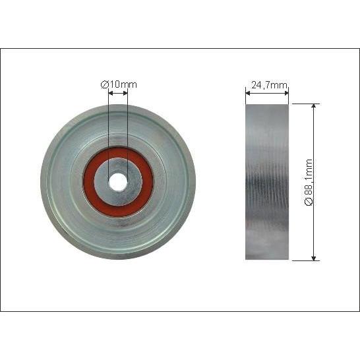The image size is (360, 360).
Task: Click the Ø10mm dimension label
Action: (x=119, y=84)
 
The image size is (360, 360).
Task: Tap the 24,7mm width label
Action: (x=269, y=85)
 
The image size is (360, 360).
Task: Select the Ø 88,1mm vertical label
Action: (x=309, y=182)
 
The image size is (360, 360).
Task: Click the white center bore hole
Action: (x=118, y=182)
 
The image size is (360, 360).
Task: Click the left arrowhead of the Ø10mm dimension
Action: (x=111, y=93)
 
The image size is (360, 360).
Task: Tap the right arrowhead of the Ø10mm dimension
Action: (x=125, y=93)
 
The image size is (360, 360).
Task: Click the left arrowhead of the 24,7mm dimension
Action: (x=248, y=93)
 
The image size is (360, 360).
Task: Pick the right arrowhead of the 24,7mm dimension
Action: (x=286, y=93)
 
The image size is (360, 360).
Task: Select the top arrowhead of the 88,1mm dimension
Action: (x=314, y=106)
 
